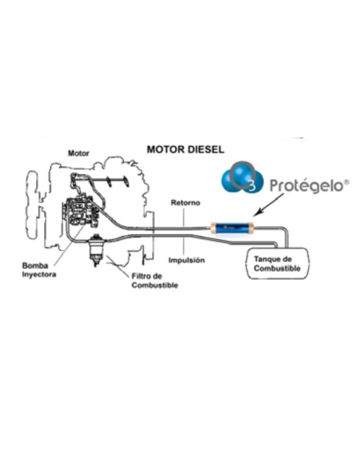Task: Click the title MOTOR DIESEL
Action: tap(185, 150)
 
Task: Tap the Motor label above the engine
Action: tap(78, 153)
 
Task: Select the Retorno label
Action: tap(185, 202)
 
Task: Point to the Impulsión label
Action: tap(187, 260)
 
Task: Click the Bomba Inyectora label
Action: tap(39, 270)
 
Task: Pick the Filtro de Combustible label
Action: tap(154, 281)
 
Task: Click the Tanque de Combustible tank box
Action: tap(278, 263)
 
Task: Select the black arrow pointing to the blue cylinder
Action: tap(268, 204)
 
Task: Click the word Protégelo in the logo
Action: tap(306, 186)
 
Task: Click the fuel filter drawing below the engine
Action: tap(95, 251)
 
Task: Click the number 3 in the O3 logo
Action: tap(252, 187)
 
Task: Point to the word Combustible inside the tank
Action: tap(277, 269)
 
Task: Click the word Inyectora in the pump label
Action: tap(39, 274)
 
